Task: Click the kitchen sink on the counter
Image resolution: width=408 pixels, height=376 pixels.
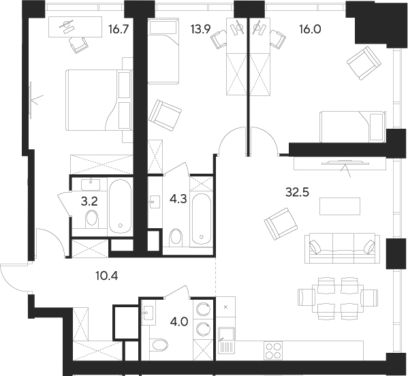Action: click(226, 340)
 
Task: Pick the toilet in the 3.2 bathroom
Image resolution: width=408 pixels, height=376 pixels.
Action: click(92, 219)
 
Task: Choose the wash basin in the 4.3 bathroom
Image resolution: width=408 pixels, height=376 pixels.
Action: click(153, 201)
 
